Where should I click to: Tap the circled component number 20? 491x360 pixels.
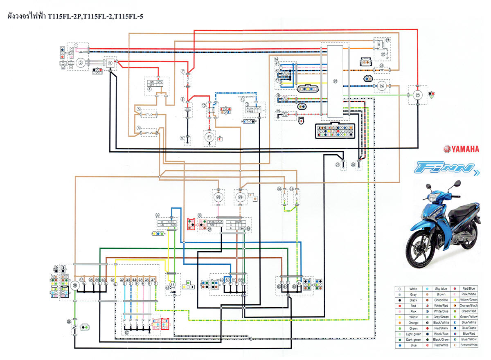pyautogui.click(x=336, y=81)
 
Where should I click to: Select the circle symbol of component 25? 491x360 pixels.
pyautogui.click(x=417, y=95)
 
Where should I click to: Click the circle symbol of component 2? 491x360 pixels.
pyautogui.click(x=81, y=63)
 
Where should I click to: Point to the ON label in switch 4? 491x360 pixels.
pyautogui.click(x=152, y=81)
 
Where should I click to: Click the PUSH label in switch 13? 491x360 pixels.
pyautogui.click(x=250, y=108)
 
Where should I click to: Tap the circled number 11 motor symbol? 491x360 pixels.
pyautogui.click(x=209, y=137)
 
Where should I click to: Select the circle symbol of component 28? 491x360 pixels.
pyautogui.click(x=218, y=197)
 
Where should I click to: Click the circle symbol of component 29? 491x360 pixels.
pyautogui.click(x=240, y=197)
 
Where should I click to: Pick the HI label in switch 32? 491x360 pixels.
pyautogui.click(x=162, y=222)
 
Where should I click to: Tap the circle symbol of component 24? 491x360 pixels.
pyautogui.click(x=382, y=85)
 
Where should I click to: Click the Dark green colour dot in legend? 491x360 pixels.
pyautogui.click(x=399, y=340)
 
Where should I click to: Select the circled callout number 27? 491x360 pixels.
pyautogui.click(x=338, y=165)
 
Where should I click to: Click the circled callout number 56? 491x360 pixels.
pyautogui.click(x=69, y=322)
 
